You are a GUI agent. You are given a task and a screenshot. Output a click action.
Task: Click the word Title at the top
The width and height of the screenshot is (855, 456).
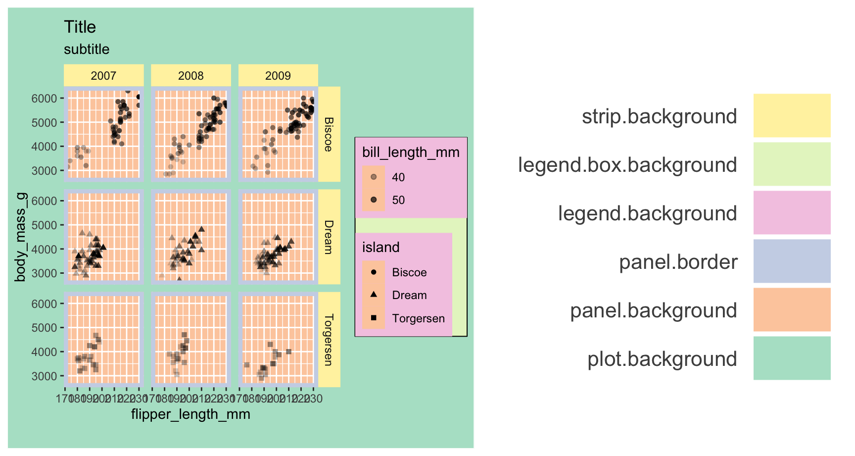pyautogui.click(x=80, y=27)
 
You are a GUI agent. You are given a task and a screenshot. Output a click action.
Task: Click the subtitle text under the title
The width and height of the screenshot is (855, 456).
pyautogui.click(x=87, y=49)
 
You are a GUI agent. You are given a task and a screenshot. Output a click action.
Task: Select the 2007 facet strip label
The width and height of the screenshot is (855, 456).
pyautogui.click(x=103, y=76)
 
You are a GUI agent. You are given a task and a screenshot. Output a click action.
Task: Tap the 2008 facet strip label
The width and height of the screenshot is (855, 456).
pyautogui.click(x=190, y=76)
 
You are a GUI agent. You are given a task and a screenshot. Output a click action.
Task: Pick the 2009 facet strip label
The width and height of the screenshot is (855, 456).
pyautogui.click(x=278, y=76)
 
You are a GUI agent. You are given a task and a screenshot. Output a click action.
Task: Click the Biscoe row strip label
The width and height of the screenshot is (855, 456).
pyautogui.click(x=329, y=134)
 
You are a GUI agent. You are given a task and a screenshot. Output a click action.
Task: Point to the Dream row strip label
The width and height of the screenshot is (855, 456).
pyautogui.click(x=329, y=237)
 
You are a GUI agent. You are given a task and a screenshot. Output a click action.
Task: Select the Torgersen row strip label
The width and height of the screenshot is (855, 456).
pyautogui.click(x=329, y=340)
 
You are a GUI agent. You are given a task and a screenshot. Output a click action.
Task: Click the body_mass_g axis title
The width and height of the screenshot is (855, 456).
pyautogui.click(x=20, y=237)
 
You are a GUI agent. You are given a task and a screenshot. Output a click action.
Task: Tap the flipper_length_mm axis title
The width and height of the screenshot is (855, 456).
pyautogui.click(x=190, y=414)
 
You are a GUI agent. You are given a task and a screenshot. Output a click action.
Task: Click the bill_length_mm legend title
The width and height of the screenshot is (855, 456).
pyautogui.click(x=411, y=152)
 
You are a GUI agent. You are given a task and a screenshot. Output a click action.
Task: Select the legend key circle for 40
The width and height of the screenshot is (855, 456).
pyautogui.click(x=374, y=177)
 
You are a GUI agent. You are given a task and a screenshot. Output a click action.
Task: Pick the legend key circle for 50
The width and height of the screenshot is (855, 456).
pyautogui.click(x=374, y=200)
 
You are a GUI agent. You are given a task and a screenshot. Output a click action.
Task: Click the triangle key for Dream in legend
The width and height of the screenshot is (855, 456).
pyautogui.click(x=374, y=295)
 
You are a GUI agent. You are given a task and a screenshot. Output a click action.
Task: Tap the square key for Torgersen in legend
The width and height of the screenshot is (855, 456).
pyautogui.click(x=374, y=318)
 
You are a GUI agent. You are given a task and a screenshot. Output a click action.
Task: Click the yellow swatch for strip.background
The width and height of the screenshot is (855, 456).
pyautogui.click(x=792, y=115)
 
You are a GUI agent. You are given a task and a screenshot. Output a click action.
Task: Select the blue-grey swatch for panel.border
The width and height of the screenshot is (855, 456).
pyautogui.click(x=792, y=261)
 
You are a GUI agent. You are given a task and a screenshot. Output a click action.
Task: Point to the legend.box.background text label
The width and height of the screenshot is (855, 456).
pyautogui.click(x=627, y=165)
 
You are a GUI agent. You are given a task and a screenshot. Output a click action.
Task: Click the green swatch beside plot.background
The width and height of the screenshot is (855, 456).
pyautogui.click(x=792, y=358)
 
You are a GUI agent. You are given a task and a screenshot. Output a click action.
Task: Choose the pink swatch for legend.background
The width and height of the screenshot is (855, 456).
pyautogui.click(x=792, y=212)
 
